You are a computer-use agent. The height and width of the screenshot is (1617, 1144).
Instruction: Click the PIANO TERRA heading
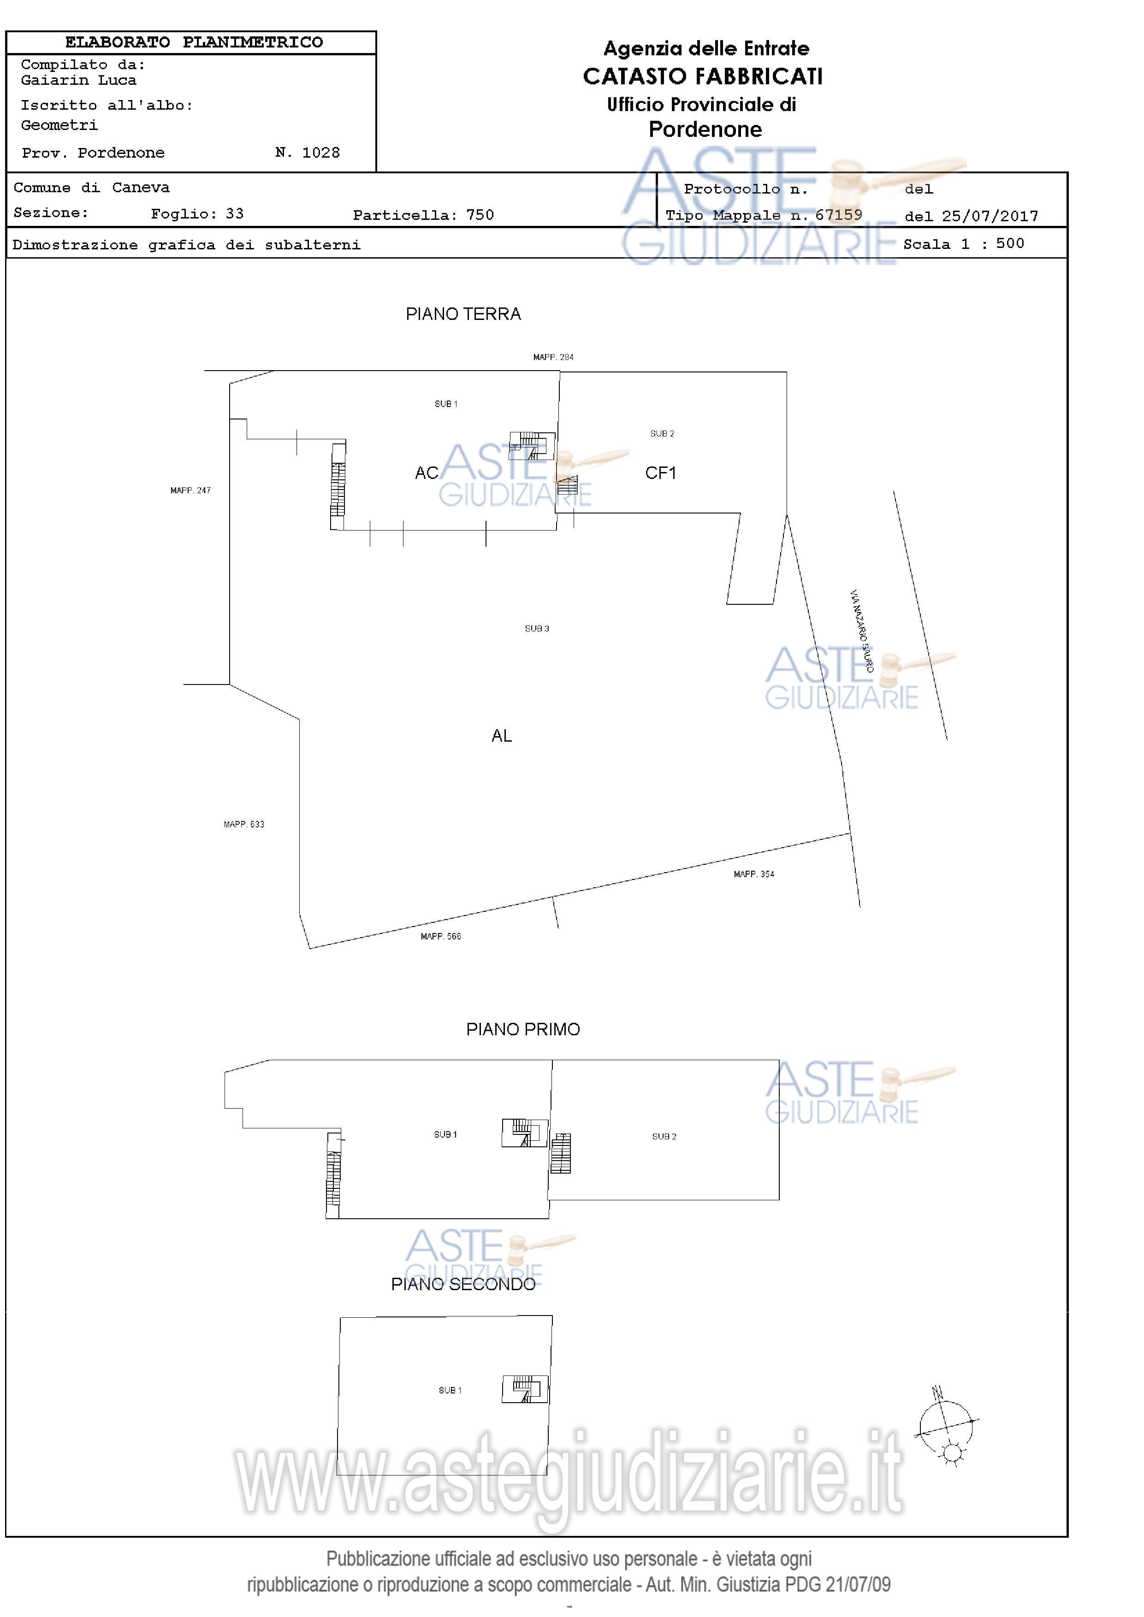click(x=463, y=314)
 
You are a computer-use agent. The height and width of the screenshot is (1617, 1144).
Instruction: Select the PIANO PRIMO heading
click(x=523, y=1030)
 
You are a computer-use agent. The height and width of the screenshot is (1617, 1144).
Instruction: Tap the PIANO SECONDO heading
click(x=463, y=1285)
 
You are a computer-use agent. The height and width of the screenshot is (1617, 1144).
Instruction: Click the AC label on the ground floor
click(x=426, y=473)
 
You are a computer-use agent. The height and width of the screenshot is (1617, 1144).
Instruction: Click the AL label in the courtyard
click(x=502, y=736)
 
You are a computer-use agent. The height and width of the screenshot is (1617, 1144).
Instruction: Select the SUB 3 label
click(x=537, y=629)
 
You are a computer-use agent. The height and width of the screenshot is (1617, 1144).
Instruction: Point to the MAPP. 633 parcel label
click(x=244, y=825)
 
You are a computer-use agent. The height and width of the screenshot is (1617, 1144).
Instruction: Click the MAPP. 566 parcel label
click(x=440, y=937)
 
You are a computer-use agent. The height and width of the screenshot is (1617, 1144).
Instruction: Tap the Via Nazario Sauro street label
click(x=861, y=631)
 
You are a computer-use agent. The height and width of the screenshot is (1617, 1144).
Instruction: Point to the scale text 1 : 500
click(x=993, y=244)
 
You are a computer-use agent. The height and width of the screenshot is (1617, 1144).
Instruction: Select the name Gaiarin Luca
click(x=79, y=80)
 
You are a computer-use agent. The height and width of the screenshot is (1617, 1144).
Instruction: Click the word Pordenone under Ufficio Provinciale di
click(x=705, y=130)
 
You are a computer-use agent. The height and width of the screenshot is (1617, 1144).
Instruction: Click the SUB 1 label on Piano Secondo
click(x=450, y=1390)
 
